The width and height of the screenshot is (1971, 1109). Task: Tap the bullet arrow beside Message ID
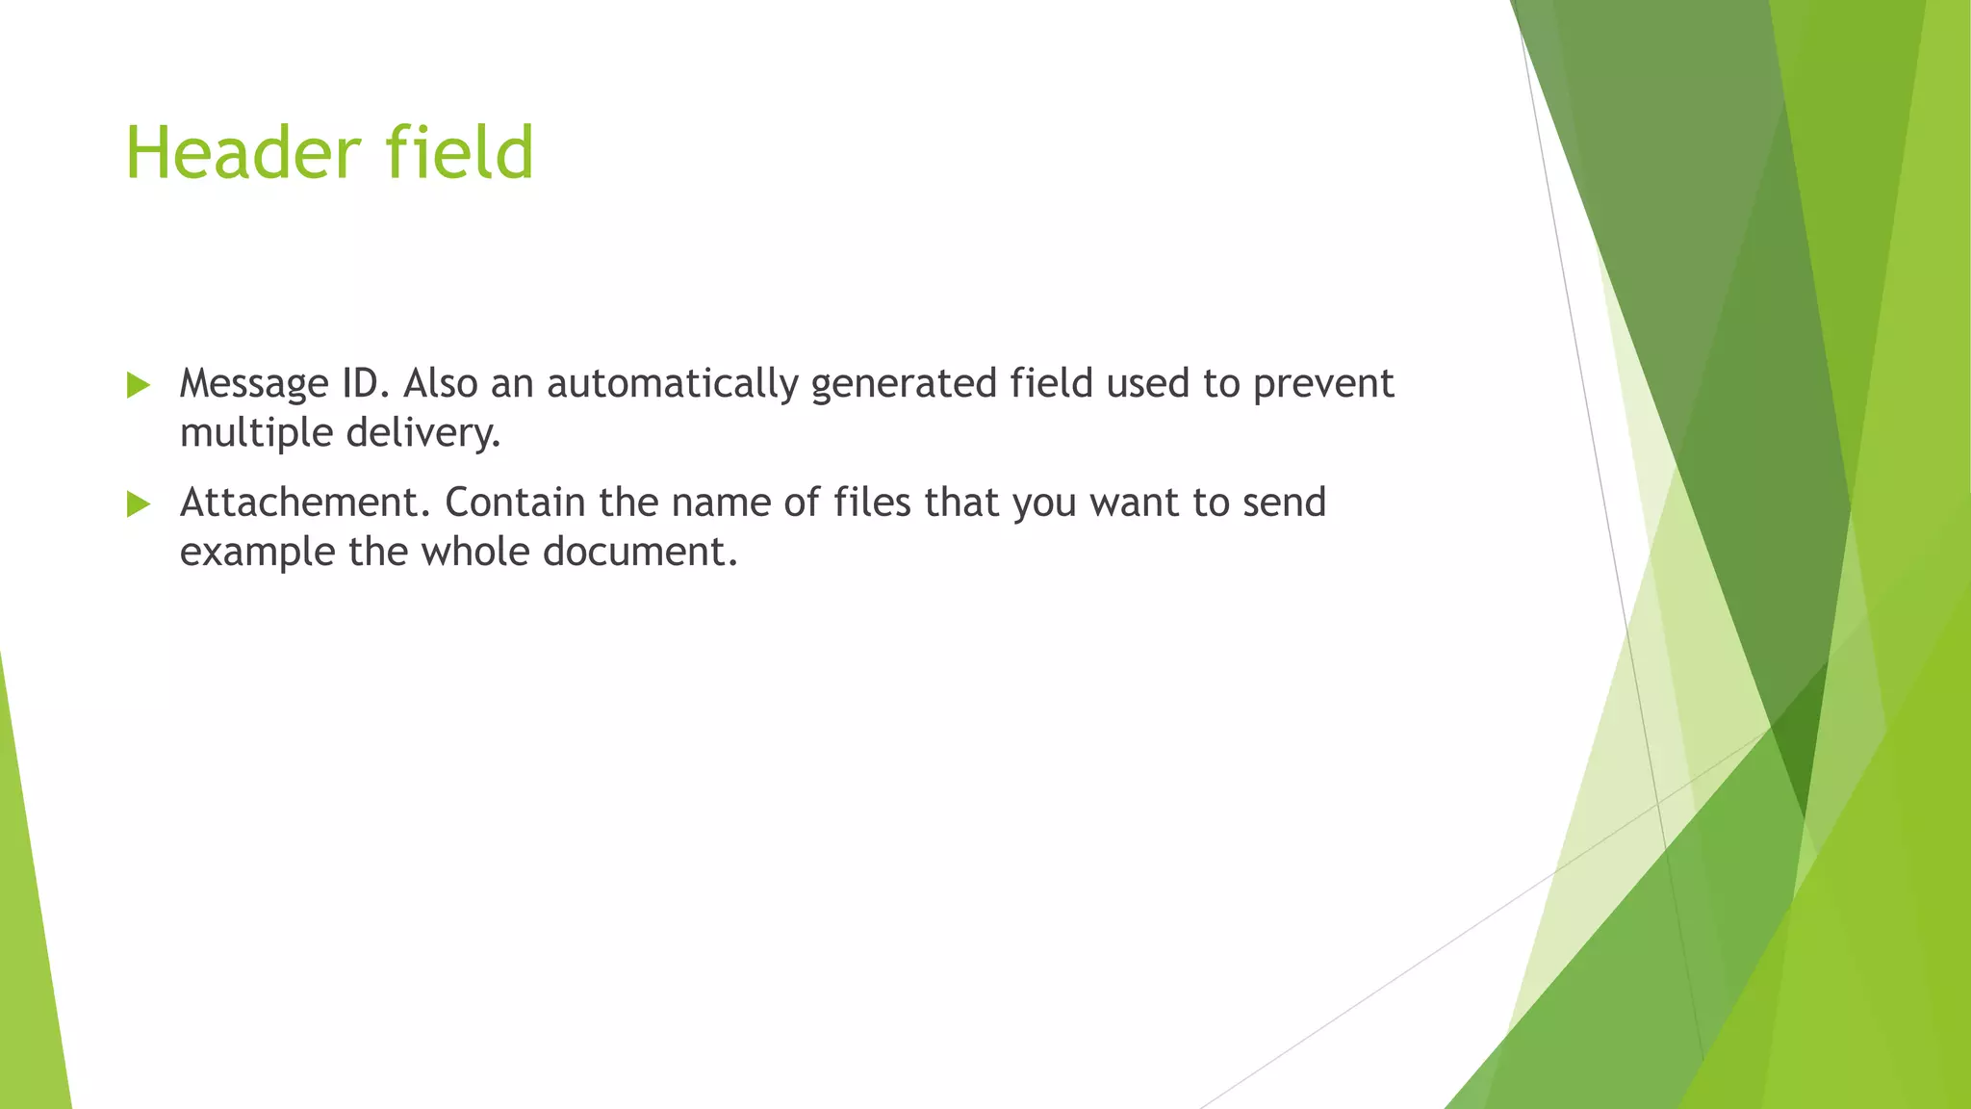tap(139, 386)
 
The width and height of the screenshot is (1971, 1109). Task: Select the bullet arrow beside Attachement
tap(139, 504)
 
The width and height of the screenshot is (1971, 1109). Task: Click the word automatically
tap(673, 384)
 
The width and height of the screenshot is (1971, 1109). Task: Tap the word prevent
tap(1323, 384)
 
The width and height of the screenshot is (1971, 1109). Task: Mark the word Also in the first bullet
tap(440, 383)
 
